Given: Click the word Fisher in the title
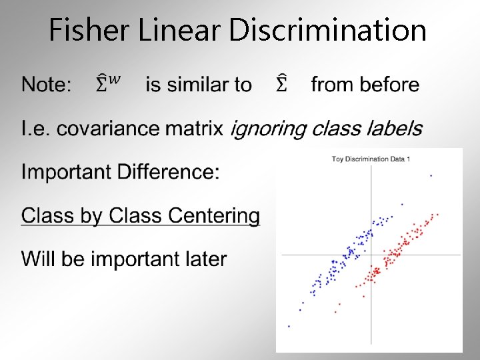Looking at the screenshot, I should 81,31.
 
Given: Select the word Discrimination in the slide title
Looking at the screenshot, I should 327,31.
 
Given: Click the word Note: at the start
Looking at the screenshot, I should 46,85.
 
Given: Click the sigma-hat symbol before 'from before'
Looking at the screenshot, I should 281,85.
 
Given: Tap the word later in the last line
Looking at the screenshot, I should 203,259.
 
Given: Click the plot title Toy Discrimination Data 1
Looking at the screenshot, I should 371,159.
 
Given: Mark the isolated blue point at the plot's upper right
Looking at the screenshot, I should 431,176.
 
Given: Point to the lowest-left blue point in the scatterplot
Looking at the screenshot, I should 289,326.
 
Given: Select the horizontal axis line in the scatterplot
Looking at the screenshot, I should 427,255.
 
